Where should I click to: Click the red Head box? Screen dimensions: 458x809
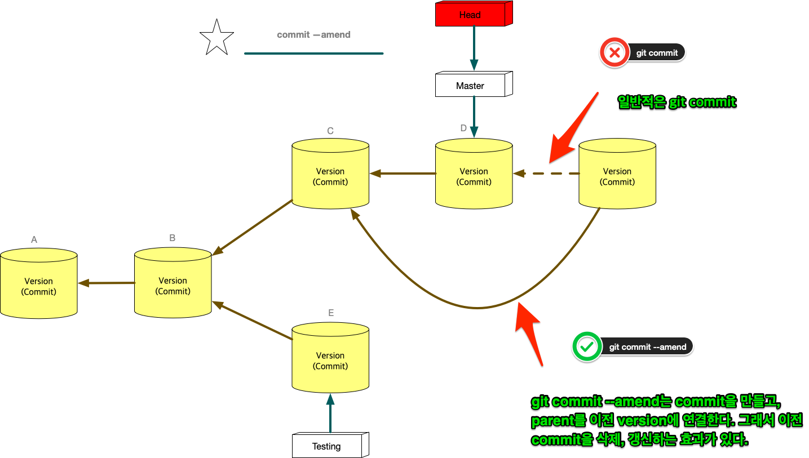coord(471,15)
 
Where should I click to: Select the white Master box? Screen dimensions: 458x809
coord(471,86)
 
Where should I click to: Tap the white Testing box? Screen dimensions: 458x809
coord(328,446)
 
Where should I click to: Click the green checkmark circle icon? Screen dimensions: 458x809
coord(586,346)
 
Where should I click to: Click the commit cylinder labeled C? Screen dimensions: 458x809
coord(330,174)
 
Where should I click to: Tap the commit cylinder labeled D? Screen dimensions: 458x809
coord(474,174)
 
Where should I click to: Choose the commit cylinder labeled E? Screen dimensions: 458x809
coord(330,358)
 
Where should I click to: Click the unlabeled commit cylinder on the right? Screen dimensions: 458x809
coord(617,174)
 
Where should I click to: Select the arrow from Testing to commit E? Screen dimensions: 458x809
coord(330,413)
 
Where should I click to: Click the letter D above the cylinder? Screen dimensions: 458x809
coord(463,128)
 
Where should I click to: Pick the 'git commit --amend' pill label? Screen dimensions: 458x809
coord(648,346)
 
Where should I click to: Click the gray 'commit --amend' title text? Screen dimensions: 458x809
coord(313,35)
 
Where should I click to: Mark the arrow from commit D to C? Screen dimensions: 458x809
coord(403,174)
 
